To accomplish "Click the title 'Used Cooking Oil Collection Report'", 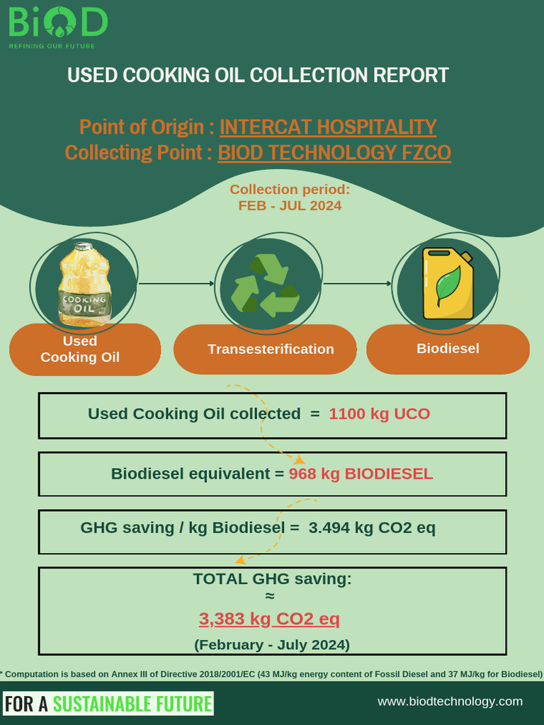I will (x=258, y=76).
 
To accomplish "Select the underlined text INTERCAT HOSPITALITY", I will (x=328, y=127).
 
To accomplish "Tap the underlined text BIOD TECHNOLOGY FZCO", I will (x=334, y=152).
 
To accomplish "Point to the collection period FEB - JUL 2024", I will (x=290, y=205).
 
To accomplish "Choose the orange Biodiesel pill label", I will (x=448, y=348).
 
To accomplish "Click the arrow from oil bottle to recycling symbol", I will (x=176, y=283).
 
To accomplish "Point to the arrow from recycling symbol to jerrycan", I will (x=357, y=283).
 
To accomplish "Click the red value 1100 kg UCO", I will (x=379, y=414).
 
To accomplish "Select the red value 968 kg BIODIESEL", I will (x=361, y=474).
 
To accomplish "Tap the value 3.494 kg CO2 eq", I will (x=372, y=527).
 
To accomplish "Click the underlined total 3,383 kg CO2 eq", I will (x=269, y=620).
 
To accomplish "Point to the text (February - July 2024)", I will (x=272, y=645).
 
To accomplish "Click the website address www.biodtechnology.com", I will (x=450, y=702).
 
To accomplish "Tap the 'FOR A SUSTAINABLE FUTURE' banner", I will (x=108, y=704).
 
